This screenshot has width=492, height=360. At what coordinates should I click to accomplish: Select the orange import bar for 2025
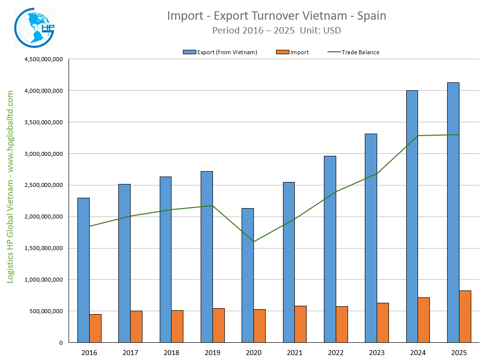[x=465, y=316]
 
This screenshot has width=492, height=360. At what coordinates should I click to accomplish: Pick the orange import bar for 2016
[x=95, y=328]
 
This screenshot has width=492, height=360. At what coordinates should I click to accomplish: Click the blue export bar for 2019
[x=207, y=256]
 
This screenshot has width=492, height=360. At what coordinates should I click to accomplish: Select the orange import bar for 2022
[x=342, y=324]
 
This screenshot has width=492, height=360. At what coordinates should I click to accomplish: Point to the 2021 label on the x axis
[x=294, y=353]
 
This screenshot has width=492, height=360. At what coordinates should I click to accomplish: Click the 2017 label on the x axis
[x=130, y=353]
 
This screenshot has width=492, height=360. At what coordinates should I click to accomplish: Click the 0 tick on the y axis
[x=61, y=343]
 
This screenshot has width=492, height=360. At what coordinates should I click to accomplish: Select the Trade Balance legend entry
[x=360, y=52]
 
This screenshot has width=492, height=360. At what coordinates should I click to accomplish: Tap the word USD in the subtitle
[x=331, y=30]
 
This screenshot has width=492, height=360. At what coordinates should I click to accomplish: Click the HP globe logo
[x=35, y=27]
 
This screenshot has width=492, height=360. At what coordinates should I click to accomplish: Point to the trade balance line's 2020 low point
[x=253, y=242]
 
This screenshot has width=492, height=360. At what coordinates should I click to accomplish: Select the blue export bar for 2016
[x=83, y=270]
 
